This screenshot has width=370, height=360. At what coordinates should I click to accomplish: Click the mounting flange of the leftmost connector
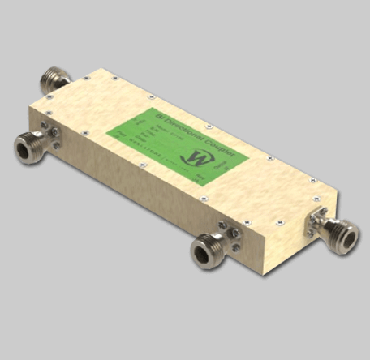click(x=48, y=138)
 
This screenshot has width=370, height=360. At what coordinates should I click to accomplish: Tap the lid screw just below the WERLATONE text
click(x=143, y=164)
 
